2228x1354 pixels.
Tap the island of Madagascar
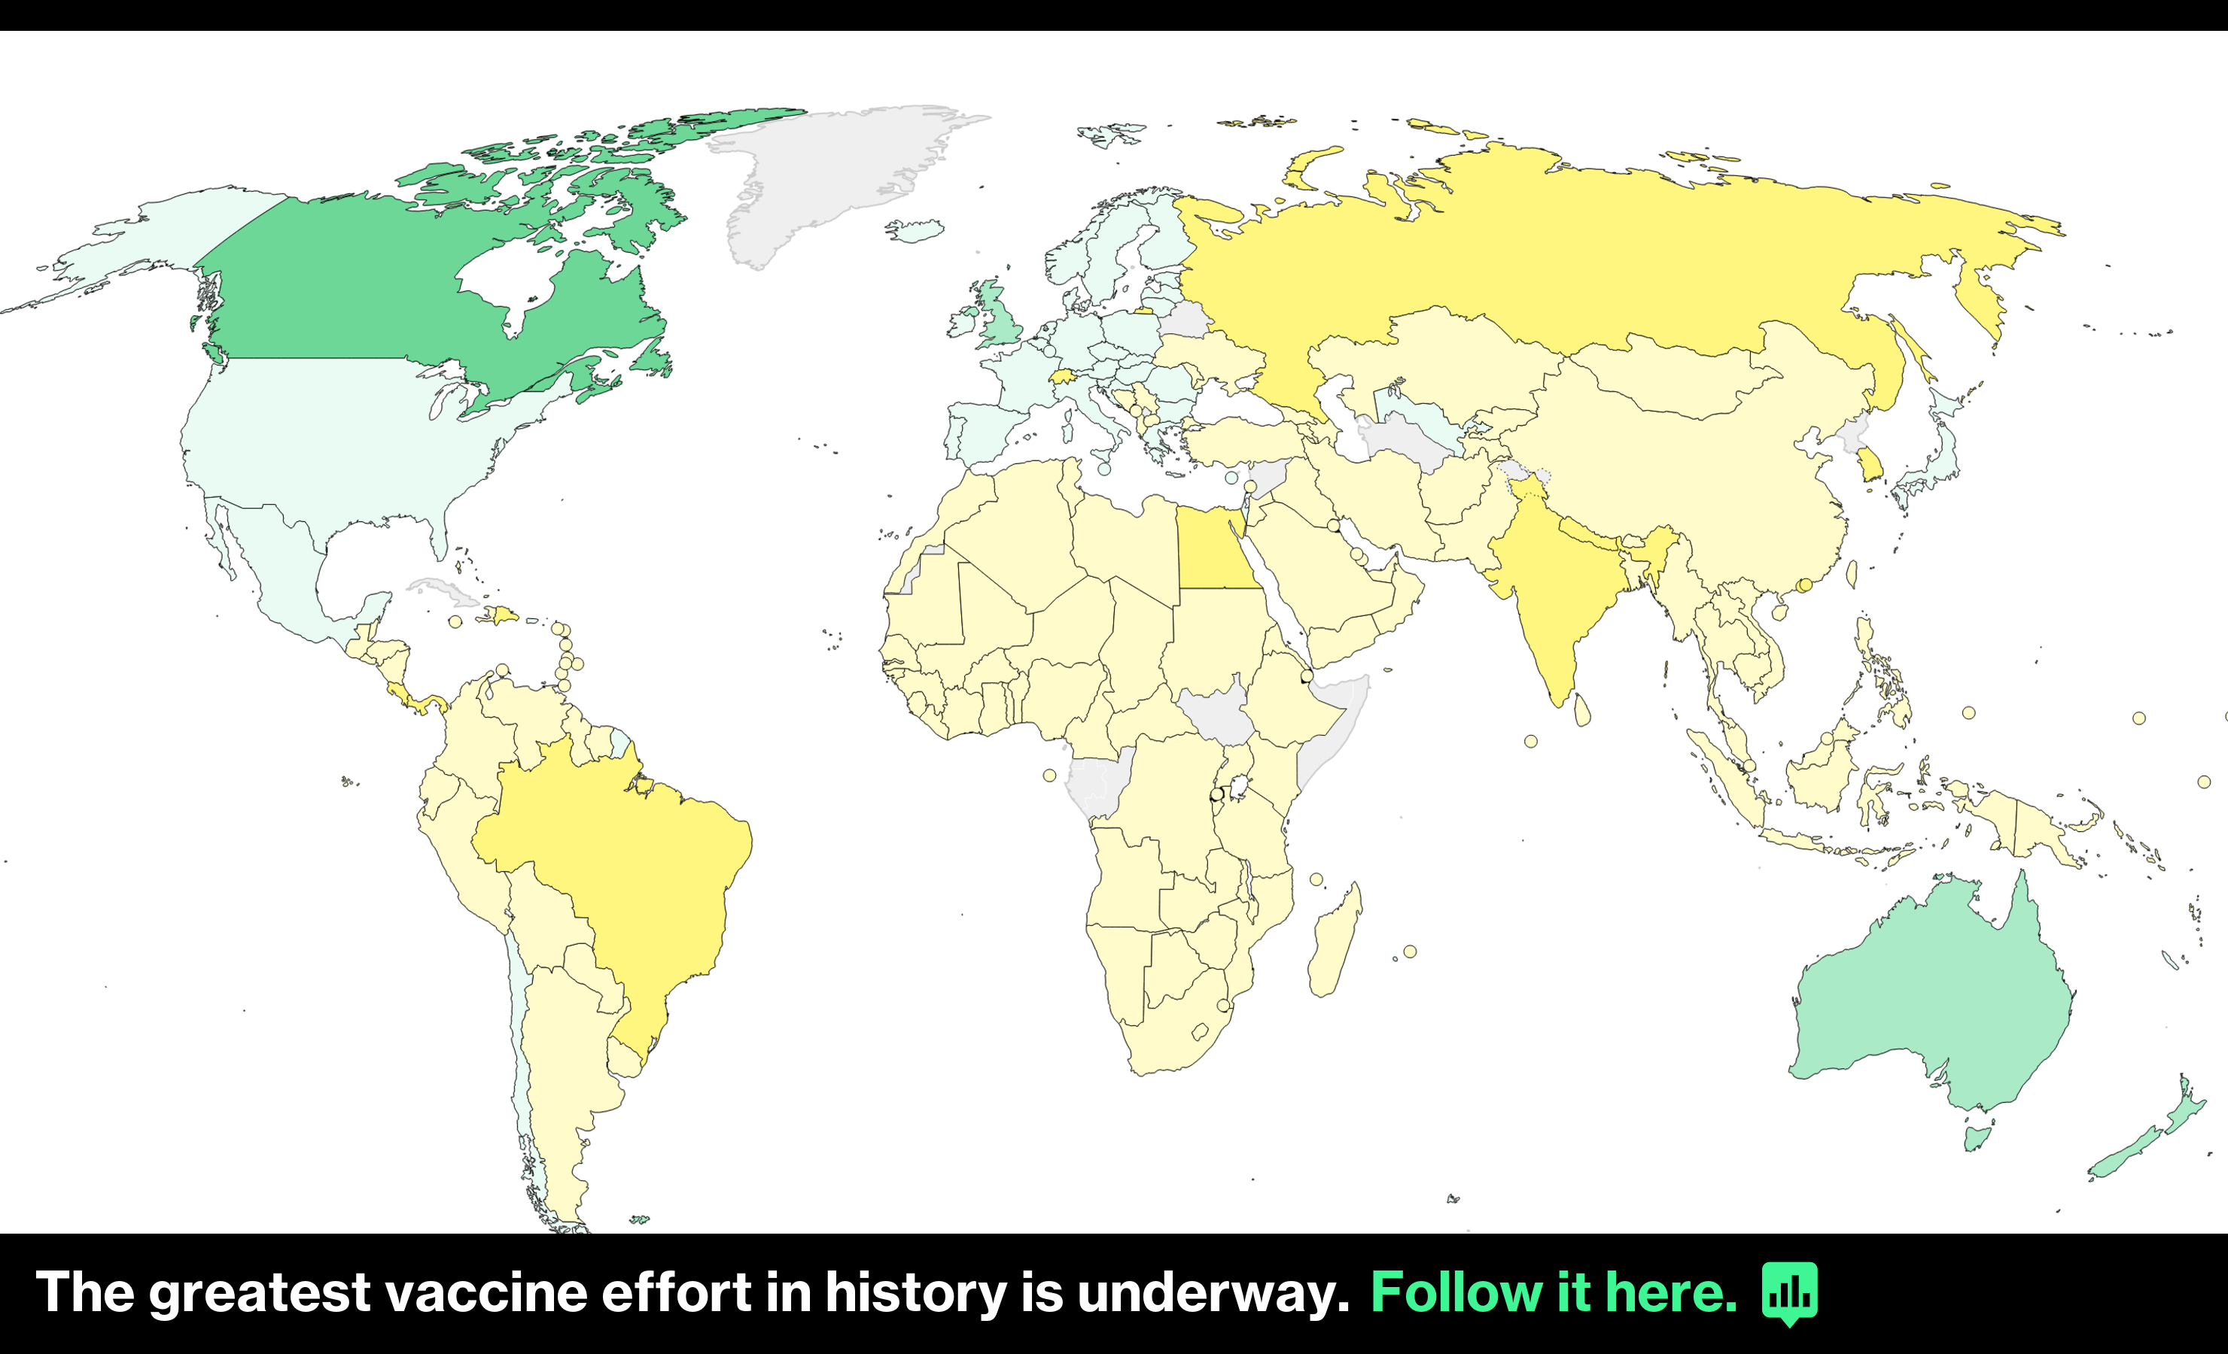(x=1334, y=945)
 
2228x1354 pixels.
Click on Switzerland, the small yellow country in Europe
(x=1061, y=376)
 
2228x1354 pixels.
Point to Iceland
(x=915, y=230)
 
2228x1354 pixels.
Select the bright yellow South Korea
(x=1870, y=466)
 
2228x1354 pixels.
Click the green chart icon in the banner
(x=1788, y=1292)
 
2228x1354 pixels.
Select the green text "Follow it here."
(x=1553, y=1292)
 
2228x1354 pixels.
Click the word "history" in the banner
(x=915, y=1292)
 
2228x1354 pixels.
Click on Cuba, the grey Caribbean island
(x=443, y=592)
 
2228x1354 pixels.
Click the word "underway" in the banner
(x=1207, y=1292)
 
